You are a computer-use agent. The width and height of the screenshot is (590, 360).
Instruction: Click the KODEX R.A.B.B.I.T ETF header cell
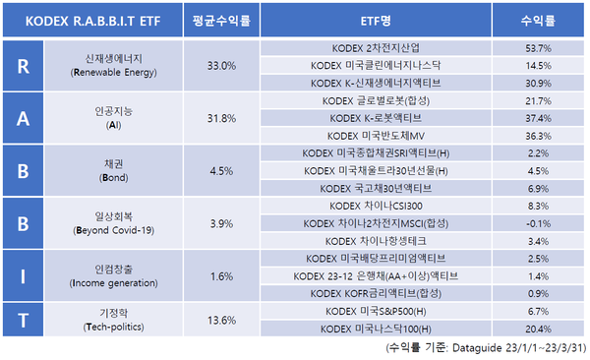pos(96,20)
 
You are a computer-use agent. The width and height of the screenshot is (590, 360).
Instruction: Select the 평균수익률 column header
pos(222,20)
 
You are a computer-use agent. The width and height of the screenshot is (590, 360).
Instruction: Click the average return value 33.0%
pos(222,65)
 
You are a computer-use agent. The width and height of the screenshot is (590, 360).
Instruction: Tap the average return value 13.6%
pos(222,320)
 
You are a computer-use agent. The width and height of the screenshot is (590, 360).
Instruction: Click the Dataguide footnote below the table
pos(488,347)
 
